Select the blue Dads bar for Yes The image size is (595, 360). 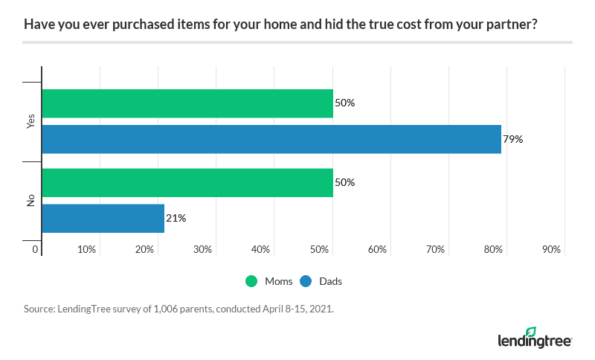[271, 138]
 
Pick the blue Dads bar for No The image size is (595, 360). [103, 218]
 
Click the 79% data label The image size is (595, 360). [513, 138]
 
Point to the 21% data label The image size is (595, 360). [176, 218]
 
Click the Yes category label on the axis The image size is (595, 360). [30, 121]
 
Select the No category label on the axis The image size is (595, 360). [30, 200]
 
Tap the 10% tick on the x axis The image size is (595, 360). [87, 250]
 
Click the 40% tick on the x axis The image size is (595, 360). [261, 250]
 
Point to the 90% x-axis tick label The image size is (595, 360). [551, 250]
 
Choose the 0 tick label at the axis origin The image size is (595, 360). [35, 250]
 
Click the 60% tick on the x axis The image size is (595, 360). [377, 250]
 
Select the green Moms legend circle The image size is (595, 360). [251, 281]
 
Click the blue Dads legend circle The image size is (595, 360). [306, 281]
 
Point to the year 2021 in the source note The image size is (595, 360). [321, 307]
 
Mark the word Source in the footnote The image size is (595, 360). [39, 307]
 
